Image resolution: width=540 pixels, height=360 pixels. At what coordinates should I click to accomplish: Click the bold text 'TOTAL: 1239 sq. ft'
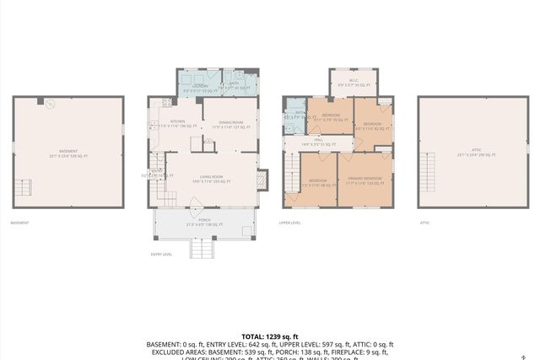pos(269,336)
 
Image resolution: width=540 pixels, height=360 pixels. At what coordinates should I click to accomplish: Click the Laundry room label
pos(201,87)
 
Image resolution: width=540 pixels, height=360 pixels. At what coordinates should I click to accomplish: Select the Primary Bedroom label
pos(365,180)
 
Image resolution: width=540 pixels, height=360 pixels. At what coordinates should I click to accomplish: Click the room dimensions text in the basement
pos(67,156)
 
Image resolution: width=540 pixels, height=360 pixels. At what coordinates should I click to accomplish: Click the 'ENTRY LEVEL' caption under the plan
pos(161,254)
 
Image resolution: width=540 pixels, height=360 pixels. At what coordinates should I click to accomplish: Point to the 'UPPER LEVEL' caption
pos(290,223)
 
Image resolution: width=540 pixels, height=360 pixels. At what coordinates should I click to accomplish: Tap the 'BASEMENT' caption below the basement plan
pos(19,223)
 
